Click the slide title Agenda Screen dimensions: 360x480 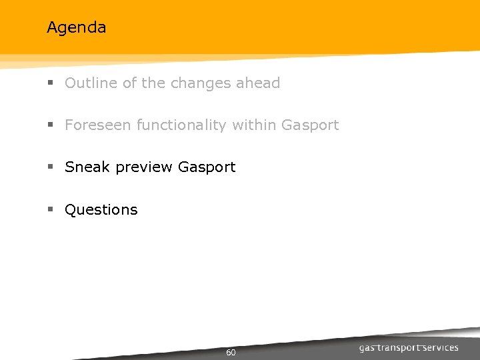point(76,28)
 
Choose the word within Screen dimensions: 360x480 point(255,125)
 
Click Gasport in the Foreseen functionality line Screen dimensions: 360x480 point(311,125)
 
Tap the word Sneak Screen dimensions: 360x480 point(88,167)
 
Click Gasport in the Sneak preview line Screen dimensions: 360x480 point(207,167)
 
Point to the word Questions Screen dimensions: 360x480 point(101,210)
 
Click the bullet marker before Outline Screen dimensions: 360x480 point(50,84)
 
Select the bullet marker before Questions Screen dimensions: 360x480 point(50,210)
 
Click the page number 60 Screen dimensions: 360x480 point(231,353)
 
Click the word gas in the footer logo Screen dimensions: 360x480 point(368,348)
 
